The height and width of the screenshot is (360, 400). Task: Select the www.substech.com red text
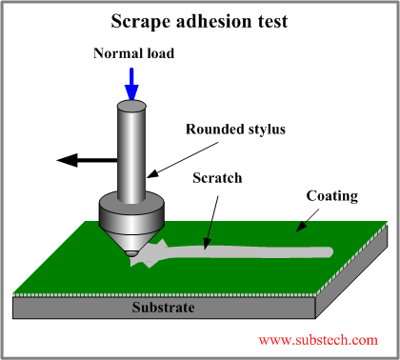coord(318,339)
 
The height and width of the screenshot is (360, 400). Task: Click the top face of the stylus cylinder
coord(132,100)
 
